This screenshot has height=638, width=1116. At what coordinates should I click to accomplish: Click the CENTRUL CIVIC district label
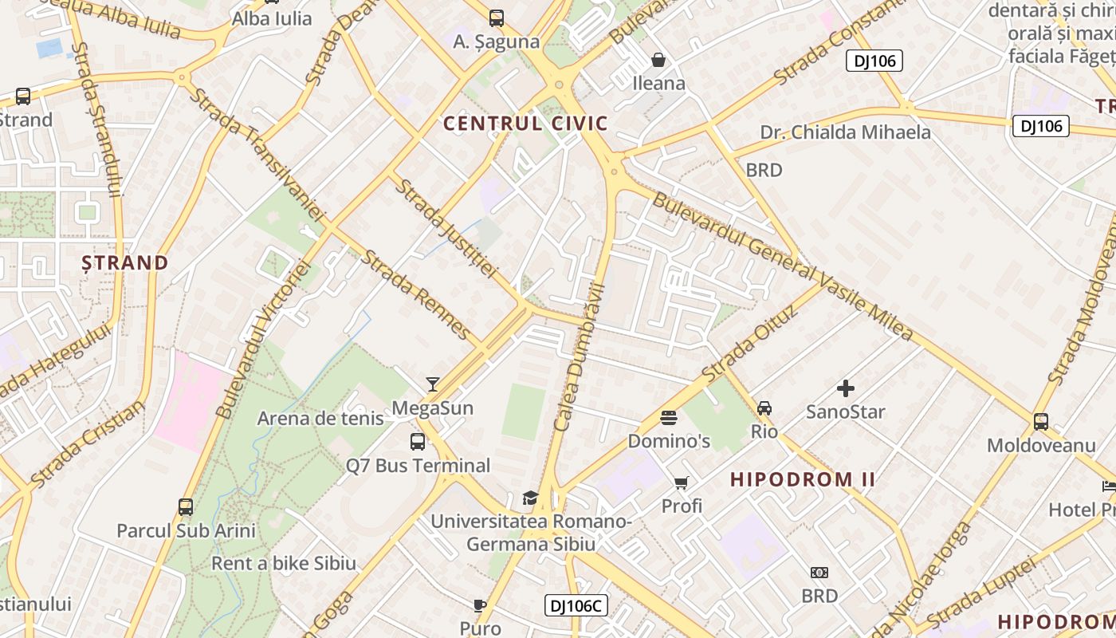click(525, 124)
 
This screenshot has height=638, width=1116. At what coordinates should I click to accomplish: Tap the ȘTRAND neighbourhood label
click(125, 262)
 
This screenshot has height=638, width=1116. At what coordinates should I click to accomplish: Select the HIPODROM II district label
click(803, 479)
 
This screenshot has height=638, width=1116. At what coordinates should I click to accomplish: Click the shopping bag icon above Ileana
click(658, 60)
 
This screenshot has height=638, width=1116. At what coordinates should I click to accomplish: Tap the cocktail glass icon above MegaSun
click(433, 384)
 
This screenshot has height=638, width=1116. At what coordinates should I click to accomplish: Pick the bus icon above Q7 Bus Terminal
click(418, 442)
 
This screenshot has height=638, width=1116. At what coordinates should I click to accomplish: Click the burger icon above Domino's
click(668, 418)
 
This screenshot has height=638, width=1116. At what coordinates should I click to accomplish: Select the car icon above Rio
click(764, 408)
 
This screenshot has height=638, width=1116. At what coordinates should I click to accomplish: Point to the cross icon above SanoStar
click(846, 388)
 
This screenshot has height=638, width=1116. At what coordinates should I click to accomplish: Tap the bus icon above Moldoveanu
click(1041, 422)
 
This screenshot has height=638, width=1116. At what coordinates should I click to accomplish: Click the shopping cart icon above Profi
click(682, 482)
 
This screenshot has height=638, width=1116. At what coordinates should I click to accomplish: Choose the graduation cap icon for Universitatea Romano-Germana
click(530, 498)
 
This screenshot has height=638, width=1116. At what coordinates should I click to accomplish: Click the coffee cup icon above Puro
click(480, 605)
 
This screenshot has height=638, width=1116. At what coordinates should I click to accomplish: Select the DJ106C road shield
click(576, 605)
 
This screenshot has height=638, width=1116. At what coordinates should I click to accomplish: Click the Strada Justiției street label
click(446, 229)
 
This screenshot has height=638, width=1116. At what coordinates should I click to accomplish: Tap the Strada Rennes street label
click(415, 293)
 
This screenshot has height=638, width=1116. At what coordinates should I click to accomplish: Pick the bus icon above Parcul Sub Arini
click(186, 507)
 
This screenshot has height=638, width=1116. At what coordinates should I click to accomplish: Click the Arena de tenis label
click(320, 418)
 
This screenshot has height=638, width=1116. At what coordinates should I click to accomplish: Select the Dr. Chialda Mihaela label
click(845, 132)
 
